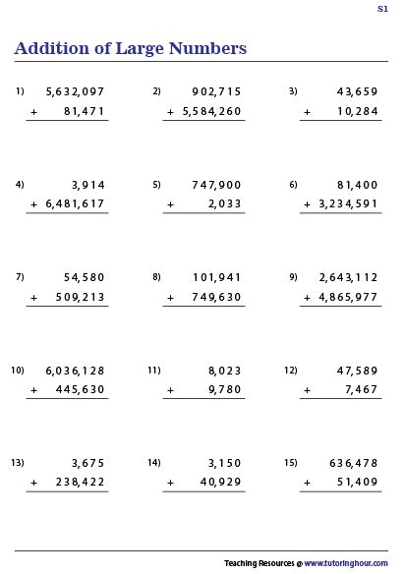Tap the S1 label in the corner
(382, 9)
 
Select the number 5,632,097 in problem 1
(75, 91)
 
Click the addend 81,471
(83, 112)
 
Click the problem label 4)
(19, 184)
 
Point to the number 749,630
(214, 297)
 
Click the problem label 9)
(293, 277)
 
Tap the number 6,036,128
(75, 371)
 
